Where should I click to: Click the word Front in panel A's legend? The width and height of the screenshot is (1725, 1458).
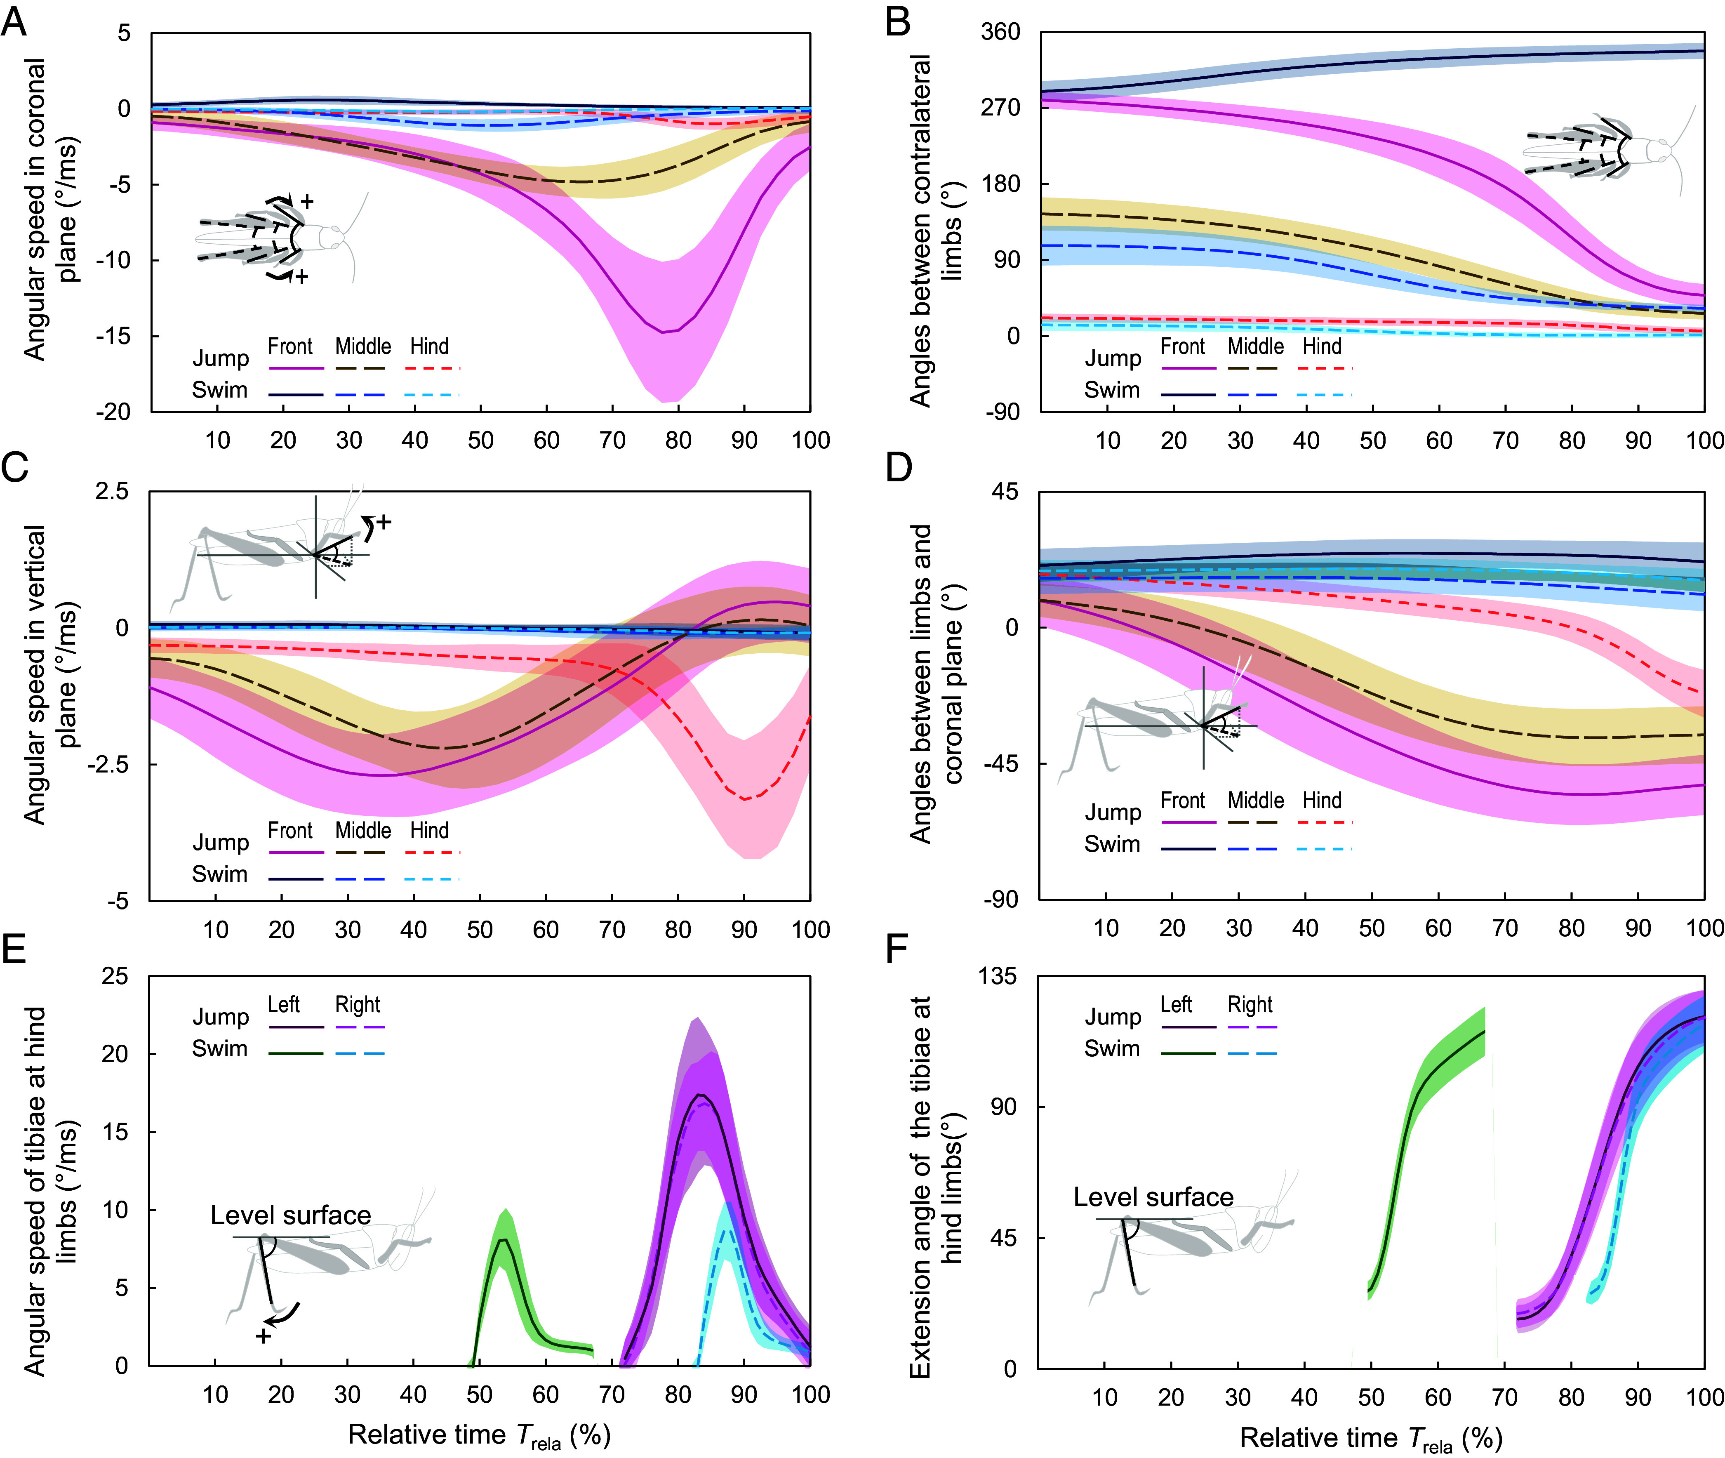click(290, 346)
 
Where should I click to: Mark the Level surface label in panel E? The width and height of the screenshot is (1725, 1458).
click(290, 1215)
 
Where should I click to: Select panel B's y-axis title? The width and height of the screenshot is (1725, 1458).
click(932, 231)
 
